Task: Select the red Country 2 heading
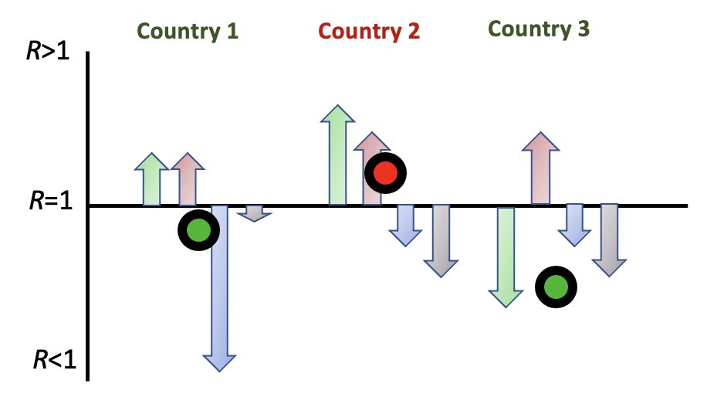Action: [x=369, y=32]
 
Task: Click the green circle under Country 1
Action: [x=198, y=229]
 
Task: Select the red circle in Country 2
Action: [x=385, y=174]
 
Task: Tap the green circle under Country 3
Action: [x=556, y=287]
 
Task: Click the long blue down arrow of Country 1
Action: [x=220, y=286]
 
